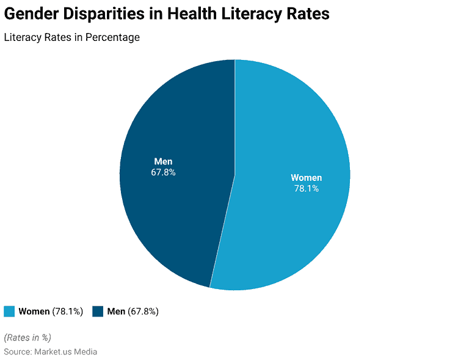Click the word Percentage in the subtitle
click(112, 38)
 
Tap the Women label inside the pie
click(306, 178)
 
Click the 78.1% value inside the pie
click(306, 189)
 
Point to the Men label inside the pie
click(163, 161)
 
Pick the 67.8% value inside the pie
click(163, 172)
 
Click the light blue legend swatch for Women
click(9, 312)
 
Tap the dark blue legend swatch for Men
click(98, 312)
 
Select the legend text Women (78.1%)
click(51, 312)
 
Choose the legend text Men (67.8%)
click(133, 312)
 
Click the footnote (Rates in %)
click(27, 337)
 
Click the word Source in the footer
click(17, 352)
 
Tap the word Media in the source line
click(85, 352)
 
